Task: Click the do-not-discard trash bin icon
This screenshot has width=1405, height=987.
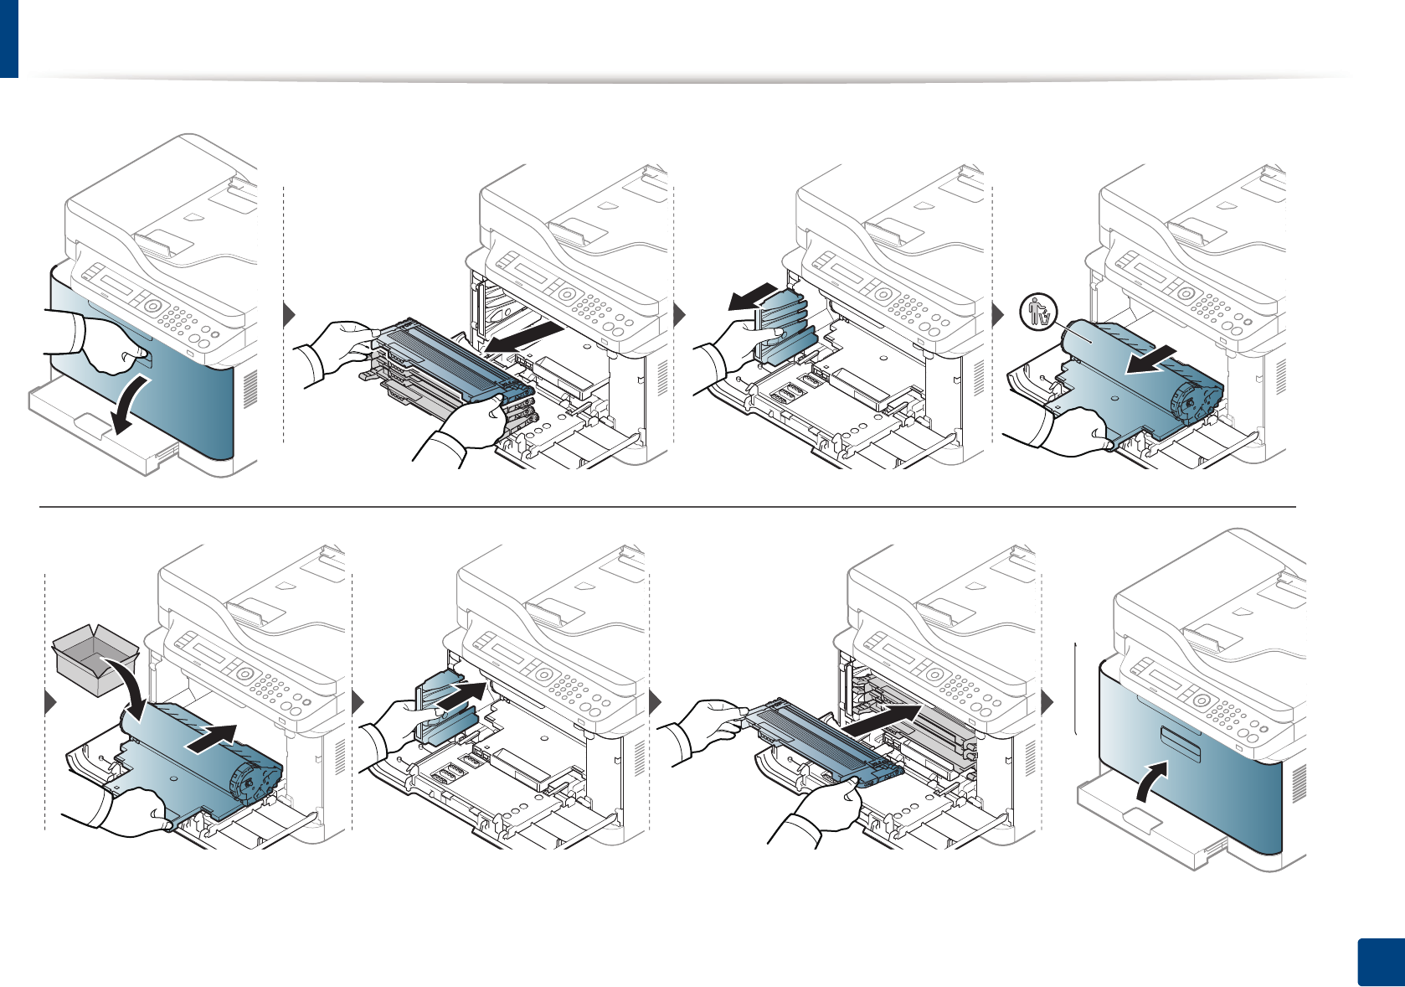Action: pos(1039,313)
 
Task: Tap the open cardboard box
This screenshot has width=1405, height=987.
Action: pos(94,659)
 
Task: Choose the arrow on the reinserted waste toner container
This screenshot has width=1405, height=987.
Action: pos(463,695)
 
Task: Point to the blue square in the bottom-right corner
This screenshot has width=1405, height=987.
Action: pos(1378,963)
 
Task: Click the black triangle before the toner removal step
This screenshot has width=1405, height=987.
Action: pos(289,315)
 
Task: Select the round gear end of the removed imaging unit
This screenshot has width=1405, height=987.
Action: pos(1193,400)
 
